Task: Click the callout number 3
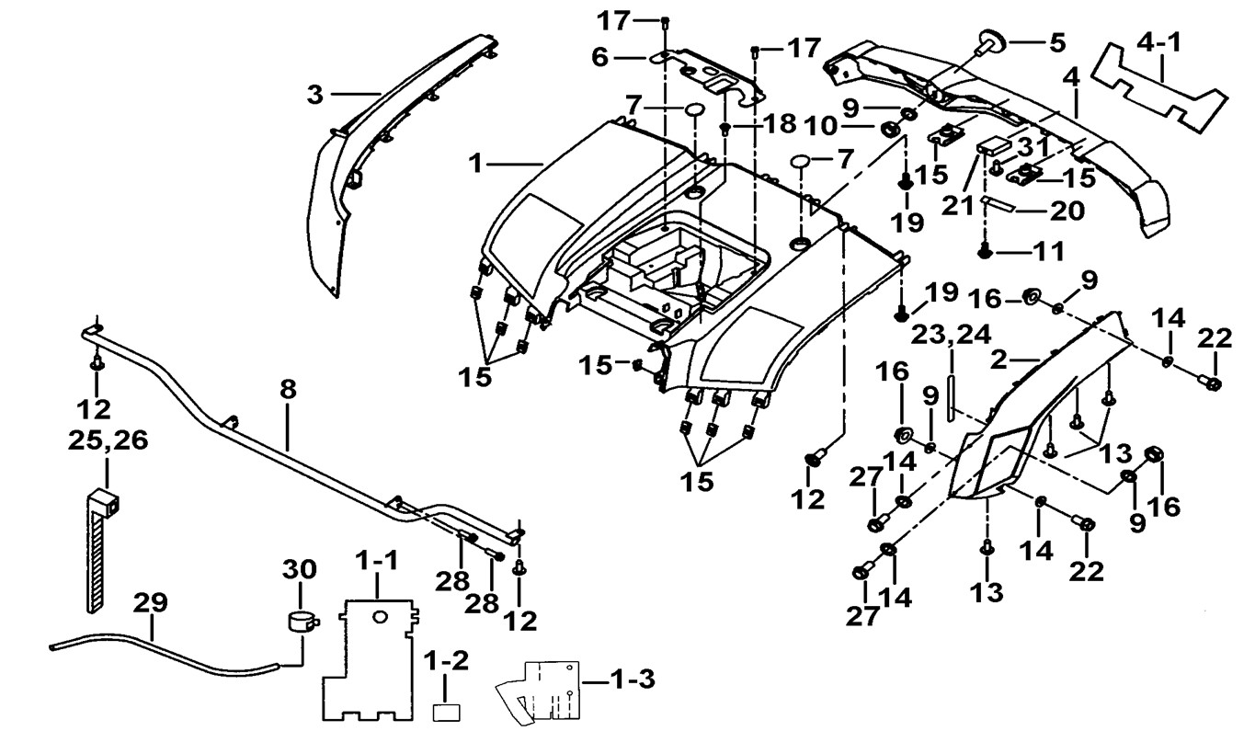click(315, 95)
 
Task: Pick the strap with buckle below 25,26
click(101, 552)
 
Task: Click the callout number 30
click(301, 569)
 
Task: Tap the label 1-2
click(446, 660)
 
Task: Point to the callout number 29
click(152, 604)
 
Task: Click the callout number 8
click(289, 389)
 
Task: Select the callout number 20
click(1066, 211)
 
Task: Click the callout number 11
click(1049, 249)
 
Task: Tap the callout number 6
click(600, 57)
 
